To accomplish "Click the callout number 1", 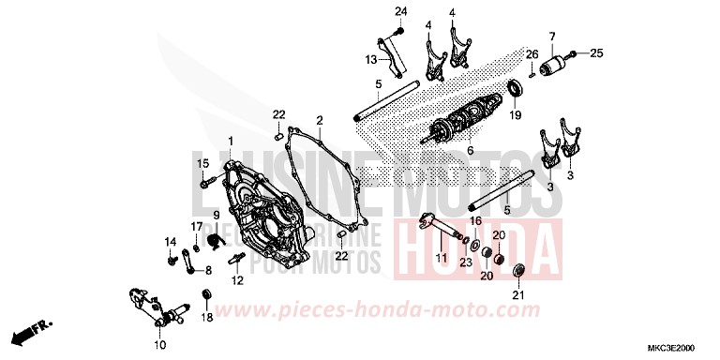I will coord(231,140).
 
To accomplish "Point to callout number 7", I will coord(552,37).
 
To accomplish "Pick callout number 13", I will coord(371,59).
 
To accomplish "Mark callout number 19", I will coord(515,116).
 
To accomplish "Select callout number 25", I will coord(596,53).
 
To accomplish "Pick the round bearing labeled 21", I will coord(518,273).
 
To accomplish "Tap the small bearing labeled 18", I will coord(207,299).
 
